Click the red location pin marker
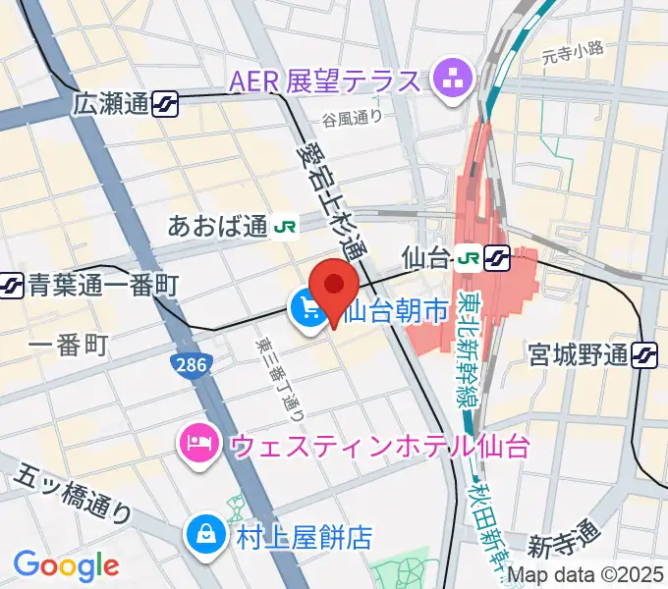point(335,286)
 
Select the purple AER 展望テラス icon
point(454,80)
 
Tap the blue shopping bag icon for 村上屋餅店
point(205,537)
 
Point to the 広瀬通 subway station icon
point(165,103)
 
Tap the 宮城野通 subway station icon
point(645,353)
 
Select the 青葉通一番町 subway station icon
point(12,286)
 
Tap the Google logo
point(66,564)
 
